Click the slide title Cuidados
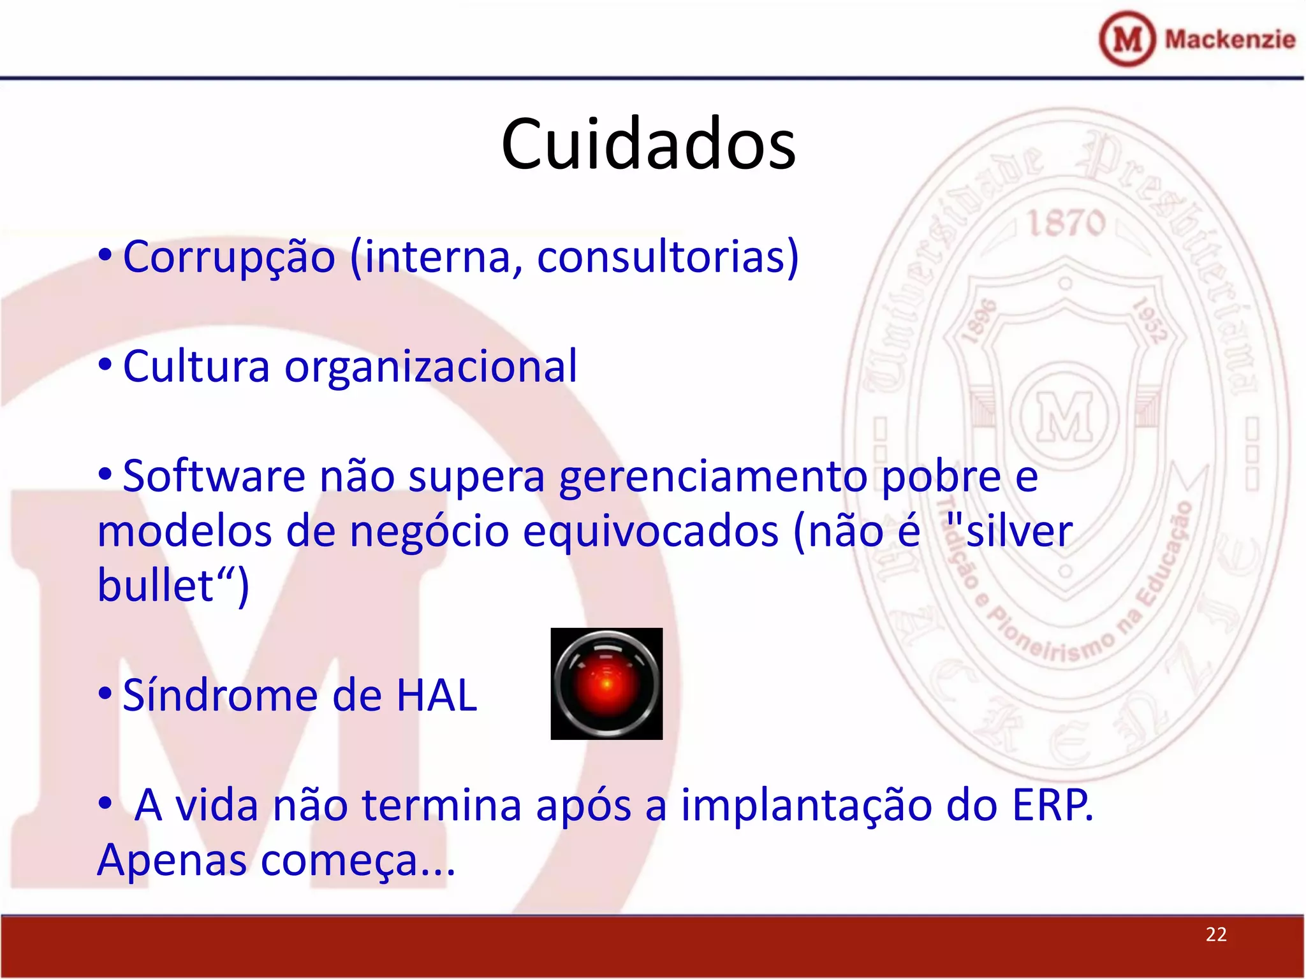point(649,144)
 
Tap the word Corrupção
point(229,257)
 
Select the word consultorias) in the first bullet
point(668,257)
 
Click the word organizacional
point(430,367)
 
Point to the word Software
point(214,477)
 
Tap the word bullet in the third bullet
point(155,586)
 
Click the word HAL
point(436,695)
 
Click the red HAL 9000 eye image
point(606,684)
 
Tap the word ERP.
point(1052,805)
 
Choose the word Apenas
point(172,860)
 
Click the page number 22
point(1215,934)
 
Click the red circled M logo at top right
point(1127,40)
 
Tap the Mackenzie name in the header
point(1229,40)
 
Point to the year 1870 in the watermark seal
point(1066,223)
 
